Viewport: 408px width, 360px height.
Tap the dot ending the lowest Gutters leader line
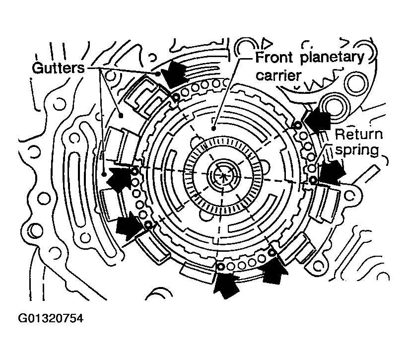tap(103, 174)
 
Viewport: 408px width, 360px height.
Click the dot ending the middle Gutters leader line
tap(121, 114)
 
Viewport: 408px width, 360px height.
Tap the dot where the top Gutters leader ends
tap(159, 73)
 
